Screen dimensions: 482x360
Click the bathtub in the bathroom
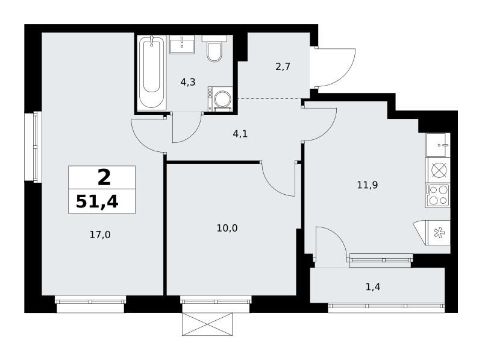[x=152, y=72]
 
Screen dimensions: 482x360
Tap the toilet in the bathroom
[x=214, y=49]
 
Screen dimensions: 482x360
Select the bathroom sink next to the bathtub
[x=182, y=45]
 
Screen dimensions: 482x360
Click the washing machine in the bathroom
[x=220, y=98]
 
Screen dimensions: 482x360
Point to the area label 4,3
[x=188, y=82]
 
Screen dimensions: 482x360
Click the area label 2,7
[x=283, y=66]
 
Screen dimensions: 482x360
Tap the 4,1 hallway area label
[x=240, y=134]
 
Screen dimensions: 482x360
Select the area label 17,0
[x=100, y=235]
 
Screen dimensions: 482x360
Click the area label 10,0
[x=227, y=228]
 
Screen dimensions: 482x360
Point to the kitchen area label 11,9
[x=368, y=185]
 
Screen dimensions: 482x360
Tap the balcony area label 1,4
[x=373, y=287]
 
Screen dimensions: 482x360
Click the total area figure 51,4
[x=97, y=202]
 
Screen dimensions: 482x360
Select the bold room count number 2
[x=104, y=178]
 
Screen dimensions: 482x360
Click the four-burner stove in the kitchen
[x=438, y=195]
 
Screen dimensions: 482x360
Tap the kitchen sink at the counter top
[x=438, y=145]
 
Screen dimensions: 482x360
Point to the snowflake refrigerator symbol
[x=439, y=233]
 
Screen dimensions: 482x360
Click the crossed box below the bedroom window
[x=207, y=324]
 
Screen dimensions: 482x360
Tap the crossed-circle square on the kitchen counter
[x=438, y=171]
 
